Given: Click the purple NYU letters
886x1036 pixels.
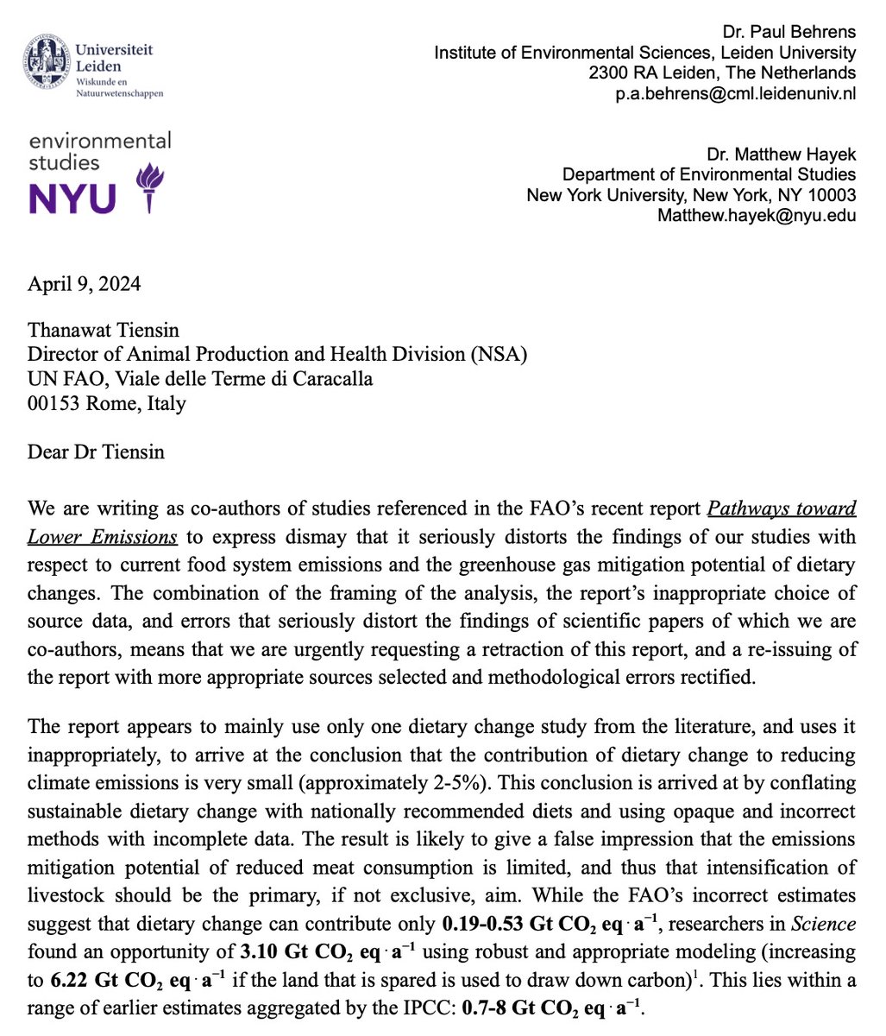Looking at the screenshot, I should click(72, 198).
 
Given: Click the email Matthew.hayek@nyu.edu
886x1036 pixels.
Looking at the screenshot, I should click(757, 214).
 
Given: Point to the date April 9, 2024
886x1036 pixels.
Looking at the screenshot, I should click(84, 284).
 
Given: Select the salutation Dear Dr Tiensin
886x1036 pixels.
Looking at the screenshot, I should click(96, 452).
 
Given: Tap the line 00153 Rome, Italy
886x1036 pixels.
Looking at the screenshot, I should click(106, 402).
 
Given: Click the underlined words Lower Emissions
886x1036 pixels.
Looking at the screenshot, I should click(103, 537).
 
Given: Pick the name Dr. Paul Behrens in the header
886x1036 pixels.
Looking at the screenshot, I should click(790, 32).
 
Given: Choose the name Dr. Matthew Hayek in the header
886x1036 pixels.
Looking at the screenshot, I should click(781, 154).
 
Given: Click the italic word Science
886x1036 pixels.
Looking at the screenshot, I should click(823, 924).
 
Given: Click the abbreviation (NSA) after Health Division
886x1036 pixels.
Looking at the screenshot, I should click(495, 355).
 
